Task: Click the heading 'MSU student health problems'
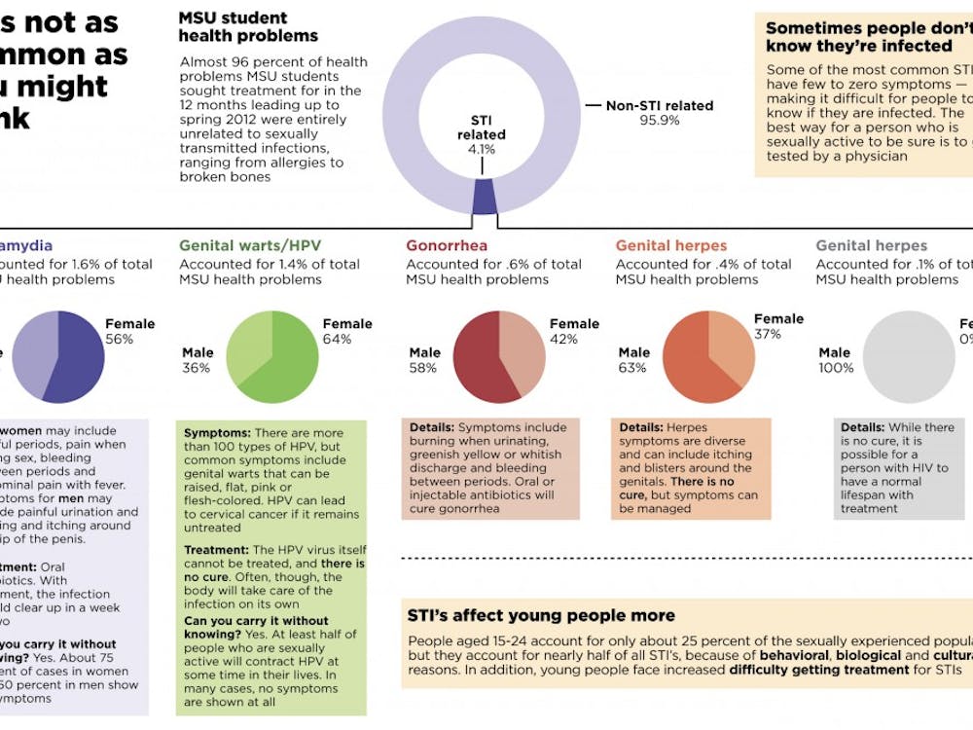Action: [248, 27]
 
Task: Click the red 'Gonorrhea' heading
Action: [447, 246]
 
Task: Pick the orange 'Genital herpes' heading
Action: [671, 246]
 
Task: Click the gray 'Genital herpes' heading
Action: [871, 246]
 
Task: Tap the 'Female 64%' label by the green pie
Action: [347, 332]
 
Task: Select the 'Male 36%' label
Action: [198, 360]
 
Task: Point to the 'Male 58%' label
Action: [424, 360]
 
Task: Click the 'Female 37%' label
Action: [778, 326]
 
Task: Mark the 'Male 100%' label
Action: [836, 360]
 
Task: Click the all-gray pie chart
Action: [909, 357]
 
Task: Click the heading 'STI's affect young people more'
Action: [540, 615]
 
